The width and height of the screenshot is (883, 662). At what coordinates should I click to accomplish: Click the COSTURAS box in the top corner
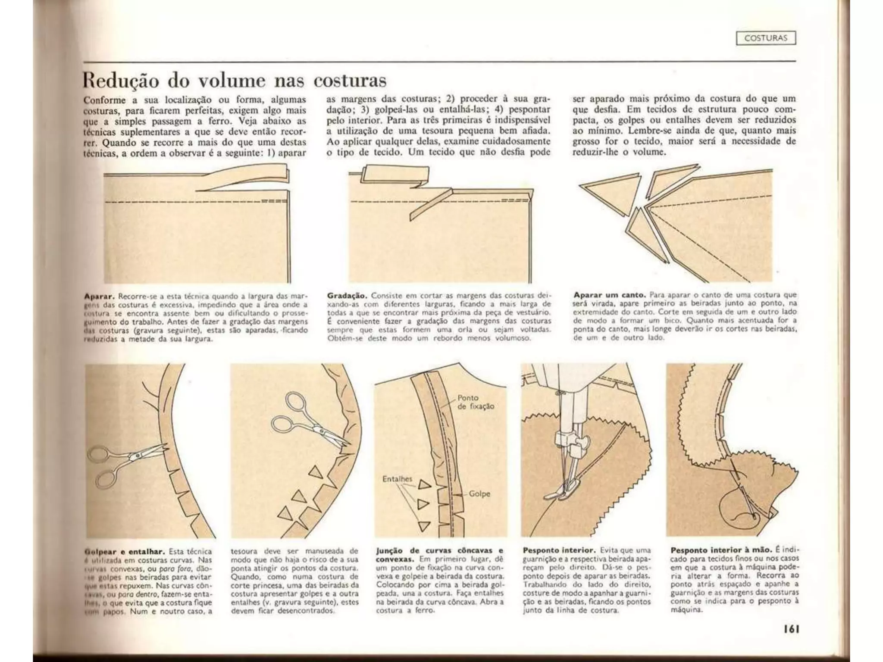pos(765,38)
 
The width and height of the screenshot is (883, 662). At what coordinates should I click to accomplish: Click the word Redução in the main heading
pos(121,81)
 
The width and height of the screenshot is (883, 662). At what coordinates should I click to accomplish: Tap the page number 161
pos(791,629)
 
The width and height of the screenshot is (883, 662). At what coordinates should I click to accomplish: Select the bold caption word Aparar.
pos(99,297)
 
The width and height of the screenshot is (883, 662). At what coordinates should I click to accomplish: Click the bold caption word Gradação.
pos(347,296)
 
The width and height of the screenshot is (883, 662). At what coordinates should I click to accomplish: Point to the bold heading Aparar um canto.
pos(609,295)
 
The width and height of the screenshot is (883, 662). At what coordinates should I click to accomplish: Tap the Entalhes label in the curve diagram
pos(397,479)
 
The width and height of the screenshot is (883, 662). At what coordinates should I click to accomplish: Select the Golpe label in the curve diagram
pos(479,494)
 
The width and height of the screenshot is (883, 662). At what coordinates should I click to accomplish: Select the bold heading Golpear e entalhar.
pos(125,552)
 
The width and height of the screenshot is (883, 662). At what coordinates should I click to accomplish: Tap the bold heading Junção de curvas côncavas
pos(439,551)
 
